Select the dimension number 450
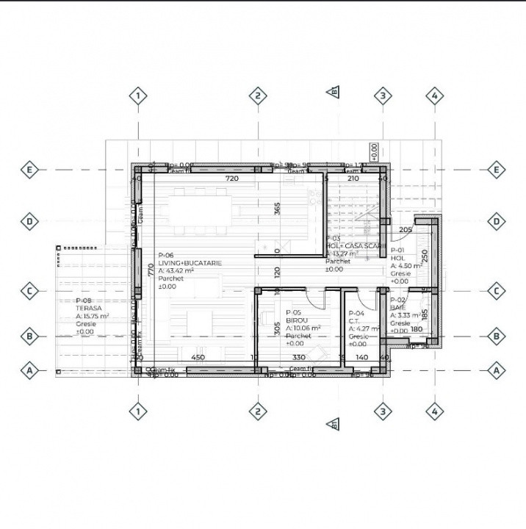(198, 358)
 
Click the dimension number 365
(278, 208)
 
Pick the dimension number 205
(405, 230)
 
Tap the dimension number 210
(353, 179)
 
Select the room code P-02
(397, 301)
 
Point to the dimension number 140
(361, 358)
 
